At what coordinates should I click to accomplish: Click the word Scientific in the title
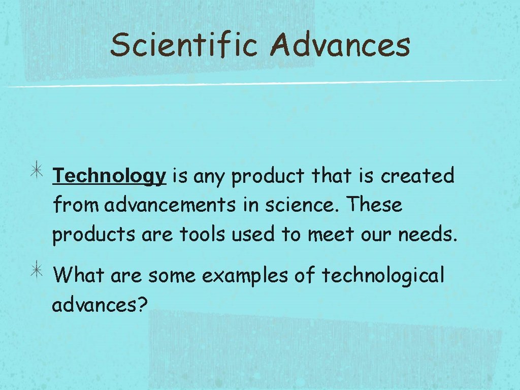pos(184,45)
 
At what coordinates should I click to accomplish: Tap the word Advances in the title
pos(340,45)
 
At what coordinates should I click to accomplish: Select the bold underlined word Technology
pos(110,176)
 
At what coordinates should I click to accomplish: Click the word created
pos(417,176)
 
